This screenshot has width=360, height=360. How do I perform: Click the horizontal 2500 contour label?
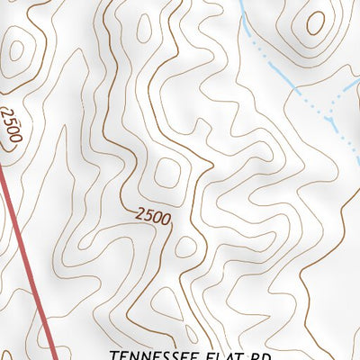click(x=153, y=217)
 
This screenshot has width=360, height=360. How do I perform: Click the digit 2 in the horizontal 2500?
click(x=140, y=213)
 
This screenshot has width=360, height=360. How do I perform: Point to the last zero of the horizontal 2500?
click(x=166, y=220)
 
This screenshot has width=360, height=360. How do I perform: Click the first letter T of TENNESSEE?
click(x=112, y=355)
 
